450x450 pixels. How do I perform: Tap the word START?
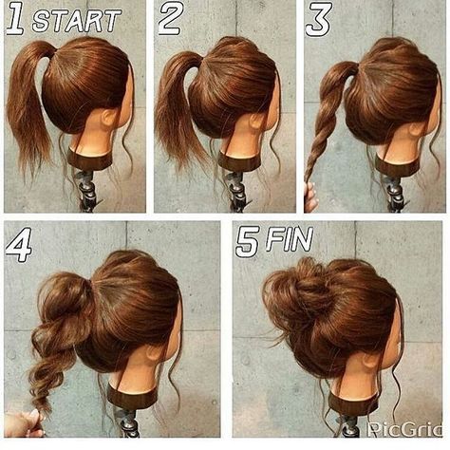tap(77, 20)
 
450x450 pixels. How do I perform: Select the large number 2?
tap(171, 18)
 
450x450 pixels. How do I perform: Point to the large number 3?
tap(319, 19)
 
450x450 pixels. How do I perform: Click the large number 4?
tap(19, 244)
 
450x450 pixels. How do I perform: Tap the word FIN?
tap(290, 239)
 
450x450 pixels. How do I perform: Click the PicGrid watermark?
tap(405, 428)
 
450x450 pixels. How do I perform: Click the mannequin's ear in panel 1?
tap(109, 118)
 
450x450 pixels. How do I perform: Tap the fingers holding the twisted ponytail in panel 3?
tap(310, 197)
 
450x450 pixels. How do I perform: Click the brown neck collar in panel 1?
tap(90, 159)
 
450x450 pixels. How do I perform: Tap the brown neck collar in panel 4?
tap(132, 397)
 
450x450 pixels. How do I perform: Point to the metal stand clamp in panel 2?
tap(236, 190)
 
